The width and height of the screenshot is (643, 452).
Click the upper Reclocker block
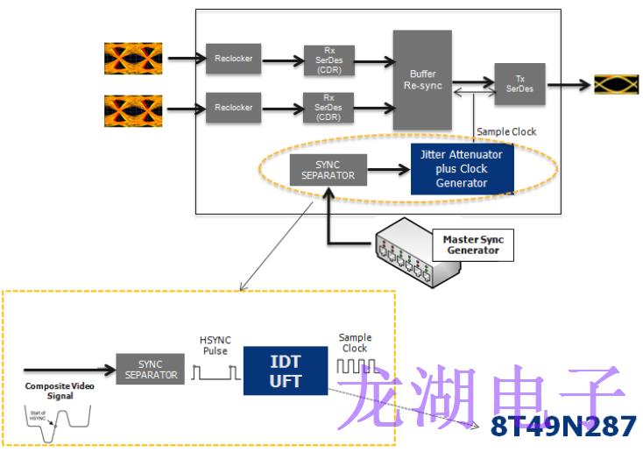point(233,59)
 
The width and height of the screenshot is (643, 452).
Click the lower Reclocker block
point(233,108)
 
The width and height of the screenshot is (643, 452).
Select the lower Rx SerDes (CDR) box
point(329,108)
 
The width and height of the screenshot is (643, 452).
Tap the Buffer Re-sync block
point(422,80)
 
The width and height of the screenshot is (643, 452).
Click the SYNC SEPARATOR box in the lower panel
point(150,369)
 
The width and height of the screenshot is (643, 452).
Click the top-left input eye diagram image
point(132,59)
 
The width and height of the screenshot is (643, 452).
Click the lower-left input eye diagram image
point(132,109)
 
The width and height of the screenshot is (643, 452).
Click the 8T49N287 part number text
point(563,427)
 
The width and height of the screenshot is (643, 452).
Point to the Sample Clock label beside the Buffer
point(506,131)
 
